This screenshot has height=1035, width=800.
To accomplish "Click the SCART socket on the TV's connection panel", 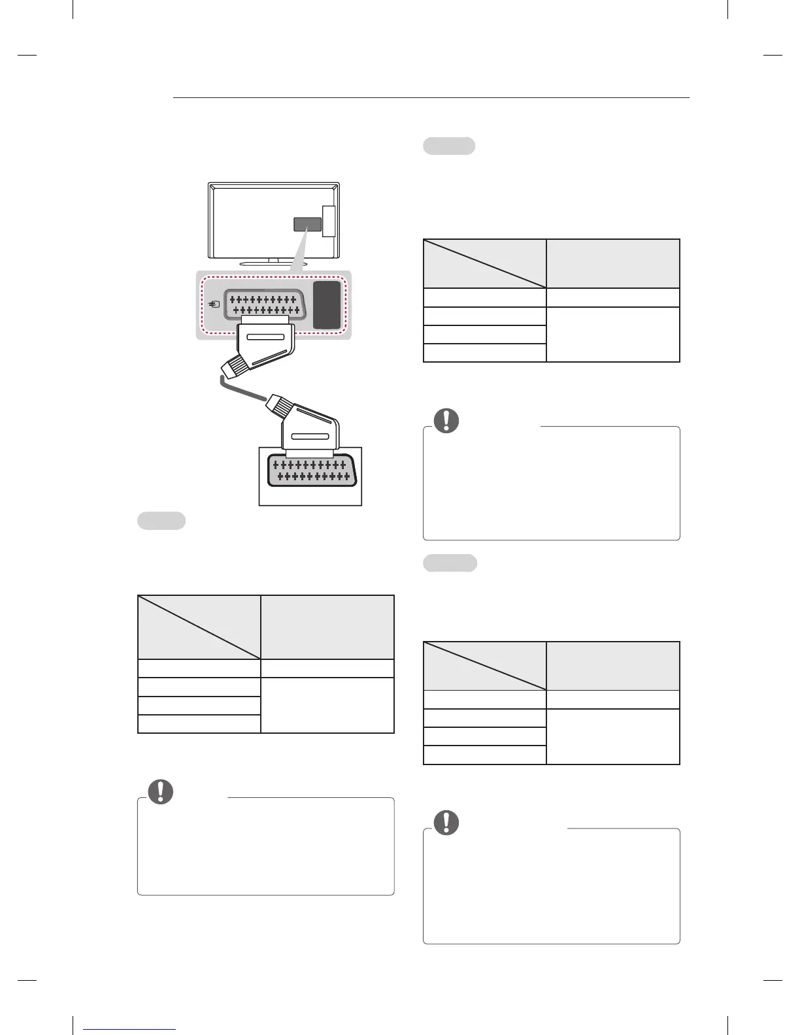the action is tap(265, 304).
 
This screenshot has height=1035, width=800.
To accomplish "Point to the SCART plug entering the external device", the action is tap(311, 435).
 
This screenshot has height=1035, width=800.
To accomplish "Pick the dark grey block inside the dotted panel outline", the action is tap(327, 304).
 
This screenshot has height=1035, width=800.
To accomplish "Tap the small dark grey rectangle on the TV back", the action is tap(307, 225).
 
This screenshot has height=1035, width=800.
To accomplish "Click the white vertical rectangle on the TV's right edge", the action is tap(328, 222).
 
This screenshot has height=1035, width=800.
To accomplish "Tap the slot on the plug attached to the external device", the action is tap(309, 436).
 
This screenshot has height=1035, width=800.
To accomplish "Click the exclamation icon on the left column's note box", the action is tap(160, 791).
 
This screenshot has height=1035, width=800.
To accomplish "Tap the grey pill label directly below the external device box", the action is tap(161, 521).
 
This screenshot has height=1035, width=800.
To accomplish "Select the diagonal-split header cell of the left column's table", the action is tap(199, 627).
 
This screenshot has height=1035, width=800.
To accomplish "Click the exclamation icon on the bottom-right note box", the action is tap(447, 823).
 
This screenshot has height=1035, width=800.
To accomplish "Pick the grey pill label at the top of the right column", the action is tap(449, 146).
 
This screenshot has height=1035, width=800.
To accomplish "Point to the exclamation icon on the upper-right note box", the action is tap(447, 420).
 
